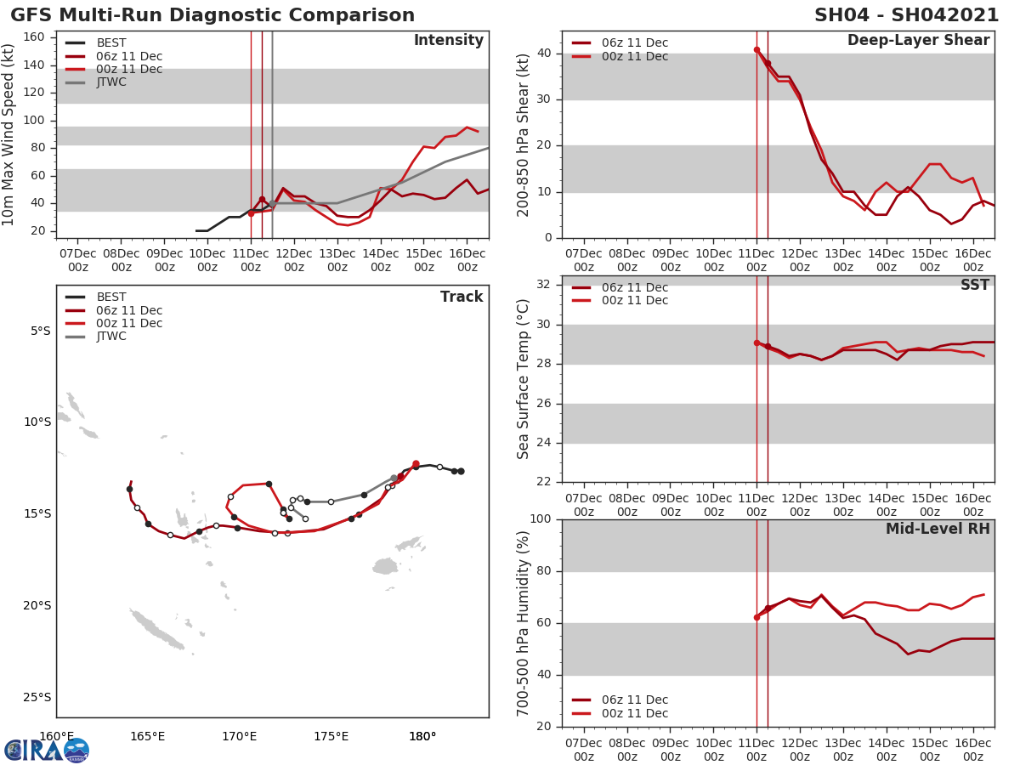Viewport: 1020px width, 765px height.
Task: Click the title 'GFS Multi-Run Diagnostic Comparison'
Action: click(212, 15)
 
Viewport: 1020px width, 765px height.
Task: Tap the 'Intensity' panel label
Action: click(448, 41)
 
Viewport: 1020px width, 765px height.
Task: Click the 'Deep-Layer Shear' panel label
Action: click(918, 41)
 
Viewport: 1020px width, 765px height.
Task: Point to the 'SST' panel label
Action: click(974, 286)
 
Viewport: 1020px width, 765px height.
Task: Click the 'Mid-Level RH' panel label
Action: click(938, 530)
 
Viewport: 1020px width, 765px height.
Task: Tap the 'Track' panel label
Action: click(461, 297)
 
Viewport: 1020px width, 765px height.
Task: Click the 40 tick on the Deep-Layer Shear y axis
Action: click(544, 54)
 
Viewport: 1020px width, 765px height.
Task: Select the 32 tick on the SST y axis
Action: click(544, 285)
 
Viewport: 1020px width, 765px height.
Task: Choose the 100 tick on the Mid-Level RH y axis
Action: click(541, 519)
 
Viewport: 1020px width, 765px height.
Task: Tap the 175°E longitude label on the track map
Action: click(331, 736)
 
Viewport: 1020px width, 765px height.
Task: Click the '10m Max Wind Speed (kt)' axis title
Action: click(9, 135)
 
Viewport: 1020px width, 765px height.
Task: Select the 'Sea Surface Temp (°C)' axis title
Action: click(524, 379)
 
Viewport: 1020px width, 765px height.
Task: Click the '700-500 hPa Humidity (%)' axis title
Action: click(524, 623)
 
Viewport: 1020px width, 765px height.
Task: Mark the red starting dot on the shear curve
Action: click(756, 50)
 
